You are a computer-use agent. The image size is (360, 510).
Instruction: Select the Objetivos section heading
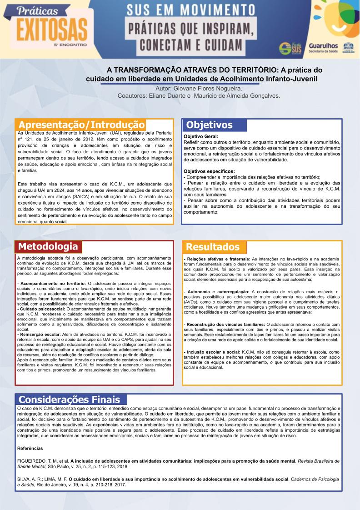[209, 125]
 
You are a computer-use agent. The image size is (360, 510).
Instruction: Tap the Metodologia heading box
[48, 246]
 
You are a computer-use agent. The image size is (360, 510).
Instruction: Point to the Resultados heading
[213, 247]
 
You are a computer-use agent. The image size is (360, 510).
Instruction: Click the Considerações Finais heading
[70, 400]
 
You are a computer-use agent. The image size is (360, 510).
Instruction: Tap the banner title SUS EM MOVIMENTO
[190, 10]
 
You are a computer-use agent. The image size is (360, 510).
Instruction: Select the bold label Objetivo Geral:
[200, 136]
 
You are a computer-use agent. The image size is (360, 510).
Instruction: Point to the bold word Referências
[30, 448]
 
